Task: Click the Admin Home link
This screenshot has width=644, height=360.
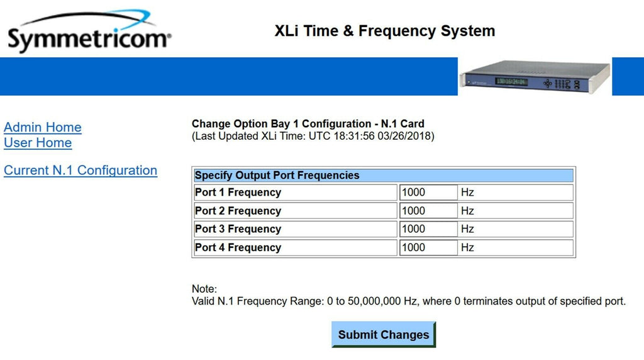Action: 43,127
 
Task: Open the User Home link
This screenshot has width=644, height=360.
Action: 38,143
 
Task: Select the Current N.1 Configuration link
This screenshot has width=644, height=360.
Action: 80,171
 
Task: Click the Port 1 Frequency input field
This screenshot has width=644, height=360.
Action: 428,193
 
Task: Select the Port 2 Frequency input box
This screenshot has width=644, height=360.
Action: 428,211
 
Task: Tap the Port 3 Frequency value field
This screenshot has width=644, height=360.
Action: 428,229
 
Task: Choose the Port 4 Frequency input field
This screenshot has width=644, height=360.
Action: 428,247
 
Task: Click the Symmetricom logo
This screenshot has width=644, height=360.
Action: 89,31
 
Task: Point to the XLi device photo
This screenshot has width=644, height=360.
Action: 535,77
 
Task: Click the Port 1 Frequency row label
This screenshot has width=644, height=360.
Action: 238,193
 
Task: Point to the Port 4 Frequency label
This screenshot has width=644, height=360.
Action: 238,247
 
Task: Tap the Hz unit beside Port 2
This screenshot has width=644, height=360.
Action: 467,211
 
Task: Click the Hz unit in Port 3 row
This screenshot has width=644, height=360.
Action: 467,229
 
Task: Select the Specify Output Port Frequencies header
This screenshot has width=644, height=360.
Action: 277,176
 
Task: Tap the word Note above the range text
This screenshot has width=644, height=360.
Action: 204,289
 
